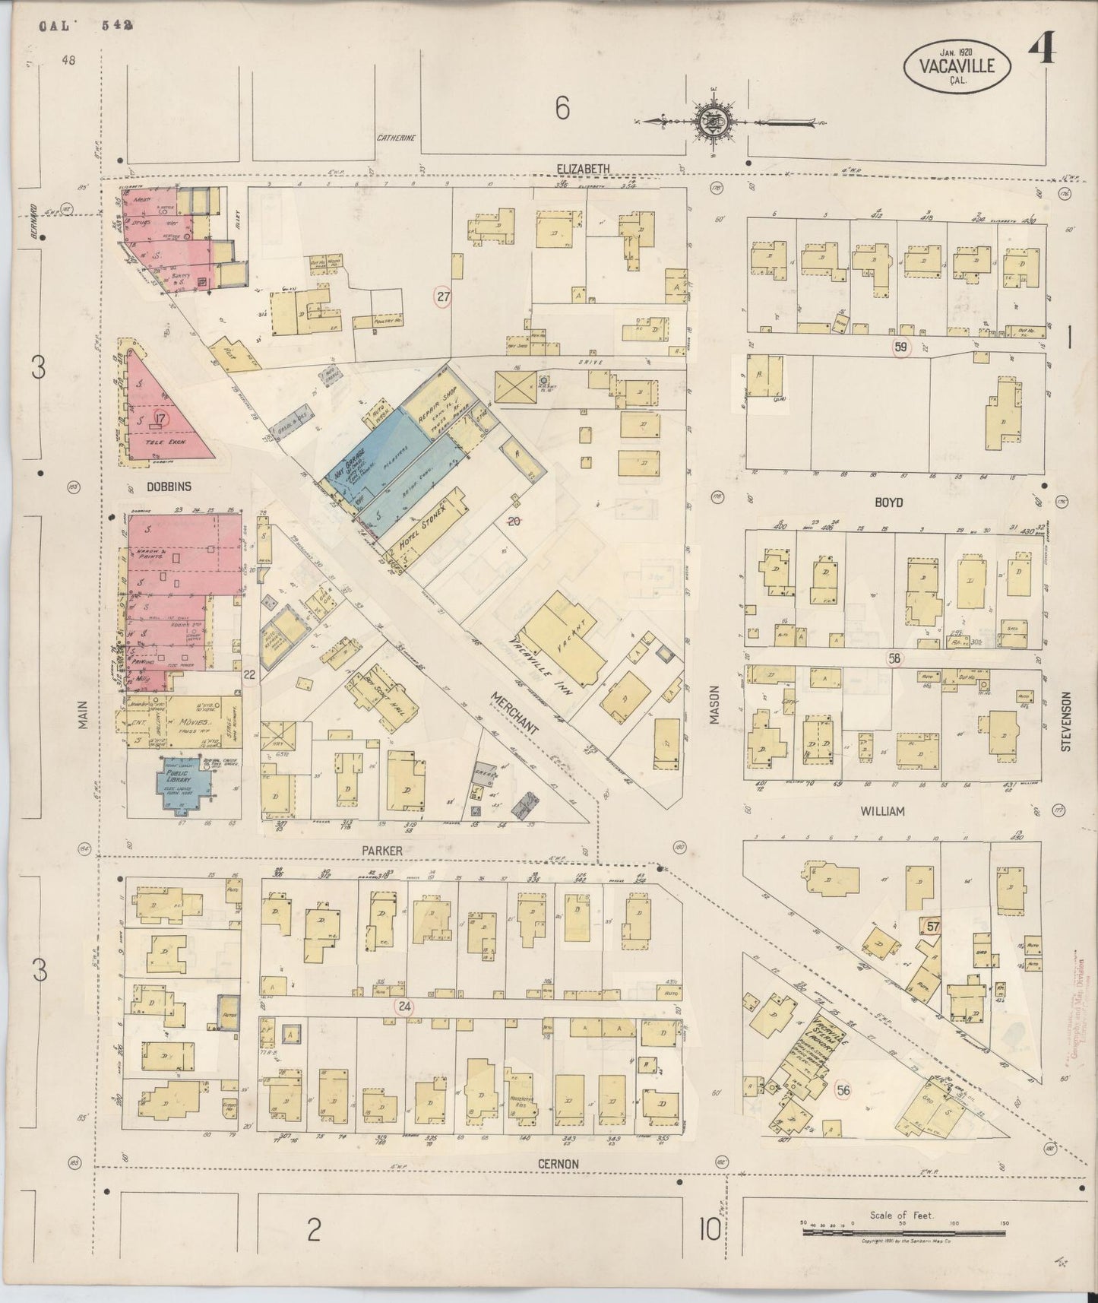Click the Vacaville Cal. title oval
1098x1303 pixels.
click(957, 66)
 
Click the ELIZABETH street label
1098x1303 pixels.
click(583, 169)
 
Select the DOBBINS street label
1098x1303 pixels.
click(169, 487)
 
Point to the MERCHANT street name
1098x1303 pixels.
click(514, 712)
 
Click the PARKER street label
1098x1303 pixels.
click(384, 851)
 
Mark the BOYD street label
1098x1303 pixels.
click(888, 502)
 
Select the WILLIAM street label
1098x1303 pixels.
click(882, 811)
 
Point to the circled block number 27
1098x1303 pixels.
click(443, 297)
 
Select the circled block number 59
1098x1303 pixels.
click(901, 348)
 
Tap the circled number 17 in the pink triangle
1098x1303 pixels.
click(160, 417)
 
